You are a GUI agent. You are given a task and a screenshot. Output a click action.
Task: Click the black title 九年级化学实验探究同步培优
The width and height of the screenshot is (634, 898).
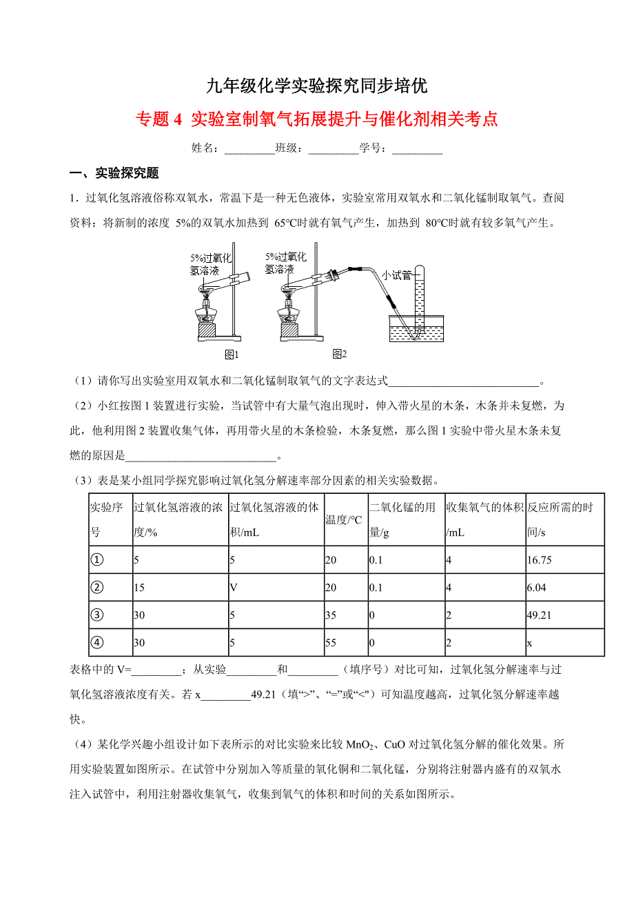coord(317,86)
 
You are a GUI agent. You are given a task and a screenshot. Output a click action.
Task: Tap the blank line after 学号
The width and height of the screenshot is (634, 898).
coord(417,149)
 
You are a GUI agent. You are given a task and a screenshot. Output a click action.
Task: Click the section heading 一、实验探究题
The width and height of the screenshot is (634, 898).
coord(114,173)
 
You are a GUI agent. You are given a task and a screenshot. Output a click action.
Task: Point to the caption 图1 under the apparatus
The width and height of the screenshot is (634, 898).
coord(232,355)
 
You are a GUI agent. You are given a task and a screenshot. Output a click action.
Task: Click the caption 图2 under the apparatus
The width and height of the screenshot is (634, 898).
coord(339,355)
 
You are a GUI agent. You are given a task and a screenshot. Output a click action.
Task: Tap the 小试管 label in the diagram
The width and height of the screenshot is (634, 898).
coord(397,275)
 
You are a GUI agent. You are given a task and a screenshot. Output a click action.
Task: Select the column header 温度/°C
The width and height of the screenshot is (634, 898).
coord(344,520)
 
